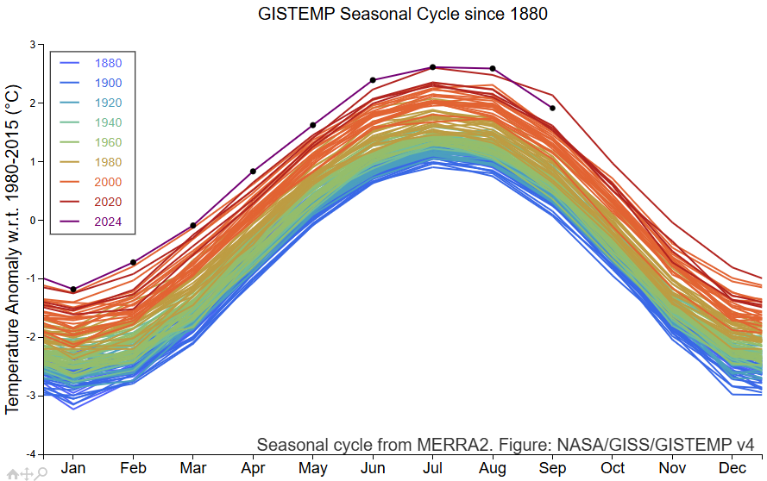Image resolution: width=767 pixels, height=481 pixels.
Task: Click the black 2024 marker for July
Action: pos(432,67)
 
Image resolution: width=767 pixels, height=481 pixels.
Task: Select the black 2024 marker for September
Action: pos(552,108)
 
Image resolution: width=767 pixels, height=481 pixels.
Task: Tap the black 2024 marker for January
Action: pos(73,290)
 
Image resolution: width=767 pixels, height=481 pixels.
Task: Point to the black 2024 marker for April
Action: pos(253,171)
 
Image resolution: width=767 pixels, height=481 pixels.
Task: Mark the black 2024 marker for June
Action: pos(373,79)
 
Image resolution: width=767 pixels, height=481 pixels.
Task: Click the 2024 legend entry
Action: pos(91,222)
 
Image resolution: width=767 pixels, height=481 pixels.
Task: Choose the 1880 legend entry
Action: pos(91,63)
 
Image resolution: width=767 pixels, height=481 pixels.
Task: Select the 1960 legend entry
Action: pos(91,142)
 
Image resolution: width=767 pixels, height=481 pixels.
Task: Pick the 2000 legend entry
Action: pos(91,182)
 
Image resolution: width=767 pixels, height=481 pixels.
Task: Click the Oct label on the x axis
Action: pos(613,468)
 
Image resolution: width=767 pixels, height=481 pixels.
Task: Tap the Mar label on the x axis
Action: pos(193,468)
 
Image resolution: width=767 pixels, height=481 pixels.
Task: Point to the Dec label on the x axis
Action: pos(732,468)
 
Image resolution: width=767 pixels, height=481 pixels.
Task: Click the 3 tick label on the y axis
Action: pos(33,45)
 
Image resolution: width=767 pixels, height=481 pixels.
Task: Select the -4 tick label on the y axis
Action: pos(31,454)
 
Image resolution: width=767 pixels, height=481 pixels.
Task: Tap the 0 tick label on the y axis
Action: pos(33,220)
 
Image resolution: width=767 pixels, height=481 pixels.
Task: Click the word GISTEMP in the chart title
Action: pos(297,14)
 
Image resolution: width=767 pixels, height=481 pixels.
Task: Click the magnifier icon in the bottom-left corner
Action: pos(42,472)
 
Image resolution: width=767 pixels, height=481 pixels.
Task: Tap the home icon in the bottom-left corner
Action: pos(13,473)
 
